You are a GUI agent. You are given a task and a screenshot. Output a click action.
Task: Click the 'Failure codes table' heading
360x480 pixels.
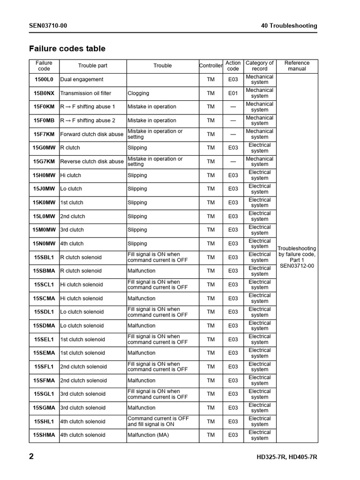pos(67,49)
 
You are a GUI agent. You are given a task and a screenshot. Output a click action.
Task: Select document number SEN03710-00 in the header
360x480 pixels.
pos(48,26)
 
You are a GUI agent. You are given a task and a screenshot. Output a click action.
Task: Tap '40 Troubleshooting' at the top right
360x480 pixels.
pos(289,26)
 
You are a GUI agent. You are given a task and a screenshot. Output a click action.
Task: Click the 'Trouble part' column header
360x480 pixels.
pos(93,66)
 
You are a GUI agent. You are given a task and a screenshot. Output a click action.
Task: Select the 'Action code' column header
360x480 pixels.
pos(233,66)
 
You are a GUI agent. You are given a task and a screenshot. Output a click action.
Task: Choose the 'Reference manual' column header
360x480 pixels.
pos(297,66)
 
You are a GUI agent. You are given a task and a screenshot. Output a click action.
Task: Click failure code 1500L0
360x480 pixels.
pos(44,80)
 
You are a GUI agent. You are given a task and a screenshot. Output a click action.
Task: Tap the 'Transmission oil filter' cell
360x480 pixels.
pos(86,93)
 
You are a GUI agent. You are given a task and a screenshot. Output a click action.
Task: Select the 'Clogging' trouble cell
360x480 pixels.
pos(138,93)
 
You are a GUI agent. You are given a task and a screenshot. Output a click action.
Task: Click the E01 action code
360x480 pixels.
pos(233,93)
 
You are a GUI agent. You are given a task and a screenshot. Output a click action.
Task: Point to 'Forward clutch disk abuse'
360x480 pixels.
pos(92,134)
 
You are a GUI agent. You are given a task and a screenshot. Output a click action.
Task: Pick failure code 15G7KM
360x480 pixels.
pos(44,162)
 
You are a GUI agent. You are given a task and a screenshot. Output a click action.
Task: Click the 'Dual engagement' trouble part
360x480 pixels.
pos(82,80)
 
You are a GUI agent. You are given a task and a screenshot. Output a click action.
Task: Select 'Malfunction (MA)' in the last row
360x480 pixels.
pos(148,435)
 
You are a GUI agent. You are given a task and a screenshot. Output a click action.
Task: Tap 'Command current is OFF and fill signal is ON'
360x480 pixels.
pos(158,421)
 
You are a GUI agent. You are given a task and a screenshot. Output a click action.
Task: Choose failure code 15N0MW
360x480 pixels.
pos(44,244)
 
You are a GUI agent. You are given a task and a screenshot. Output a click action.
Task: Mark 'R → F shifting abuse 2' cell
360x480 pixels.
pos(88,120)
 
